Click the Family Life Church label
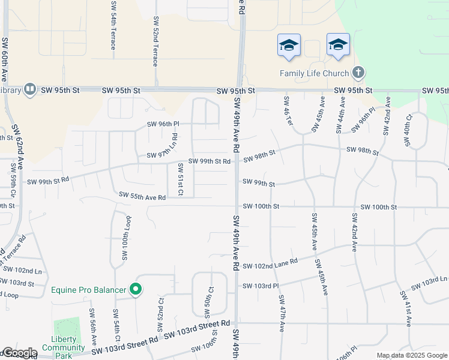pyautogui.click(x=315, y=73)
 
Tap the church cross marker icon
pyautogui.click(x=358, y=73)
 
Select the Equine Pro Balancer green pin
pyautogui.click(x=136, y=290)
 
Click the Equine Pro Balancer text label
pyautogui.click(x=89, y=290)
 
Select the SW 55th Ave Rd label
pyautogui.click(x=142, y=196)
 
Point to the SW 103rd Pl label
pyautogui.click(x=261, y=286)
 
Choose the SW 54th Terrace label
pyautogui.click(x=113, y=29)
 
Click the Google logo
pyautogui.click(x=19, y=353)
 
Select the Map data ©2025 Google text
pyautogui.click(x=412, y=355)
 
